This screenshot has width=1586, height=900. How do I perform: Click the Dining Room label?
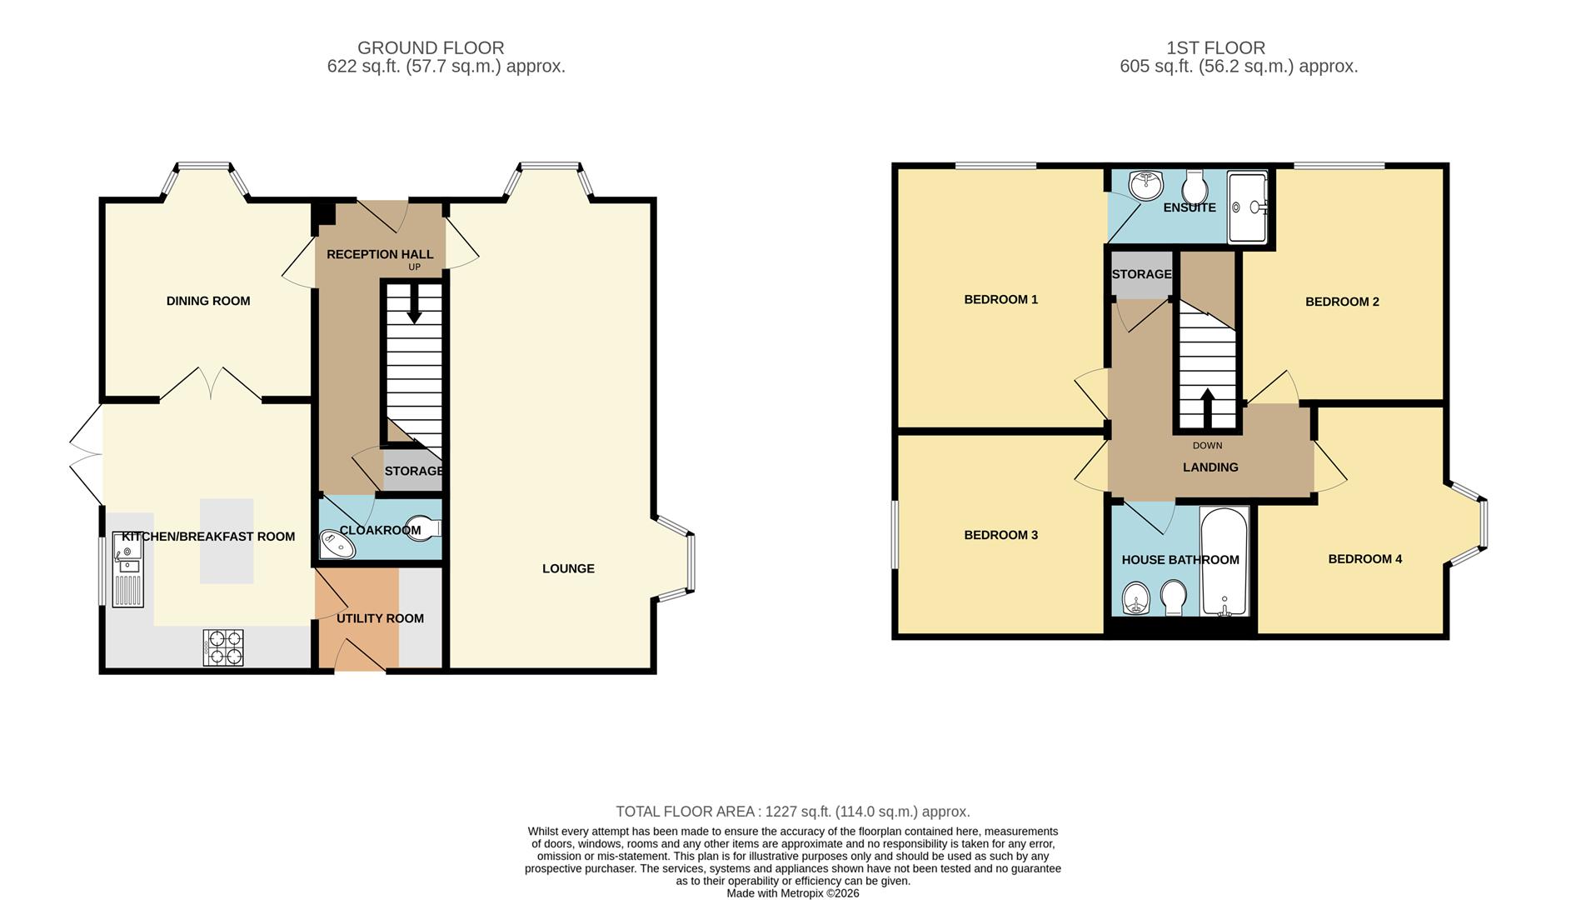208,301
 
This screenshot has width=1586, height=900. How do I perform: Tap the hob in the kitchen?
223,647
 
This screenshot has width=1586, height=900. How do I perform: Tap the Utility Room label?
380,618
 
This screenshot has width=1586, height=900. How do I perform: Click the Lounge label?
568,568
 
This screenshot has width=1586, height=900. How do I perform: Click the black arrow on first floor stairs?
1206,407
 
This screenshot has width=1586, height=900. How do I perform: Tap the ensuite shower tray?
1247,207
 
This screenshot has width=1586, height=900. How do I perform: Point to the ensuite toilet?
1194,187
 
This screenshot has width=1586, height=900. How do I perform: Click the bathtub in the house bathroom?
1224,561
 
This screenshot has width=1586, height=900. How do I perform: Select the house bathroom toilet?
1174,597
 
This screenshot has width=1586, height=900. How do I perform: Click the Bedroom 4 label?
1364,558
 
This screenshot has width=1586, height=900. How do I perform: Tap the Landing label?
1210,467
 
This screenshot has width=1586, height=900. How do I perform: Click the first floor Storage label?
1141,274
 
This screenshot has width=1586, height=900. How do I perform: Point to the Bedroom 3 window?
895,534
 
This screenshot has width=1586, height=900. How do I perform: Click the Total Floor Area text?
792,812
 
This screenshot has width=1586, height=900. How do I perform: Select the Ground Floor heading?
431,48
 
